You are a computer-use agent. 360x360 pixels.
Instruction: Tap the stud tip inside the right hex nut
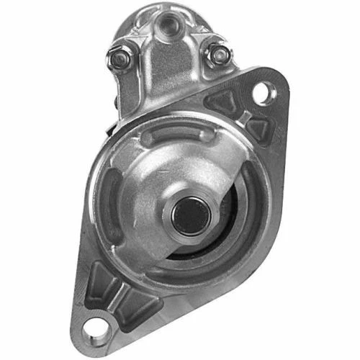click(215, 55)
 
